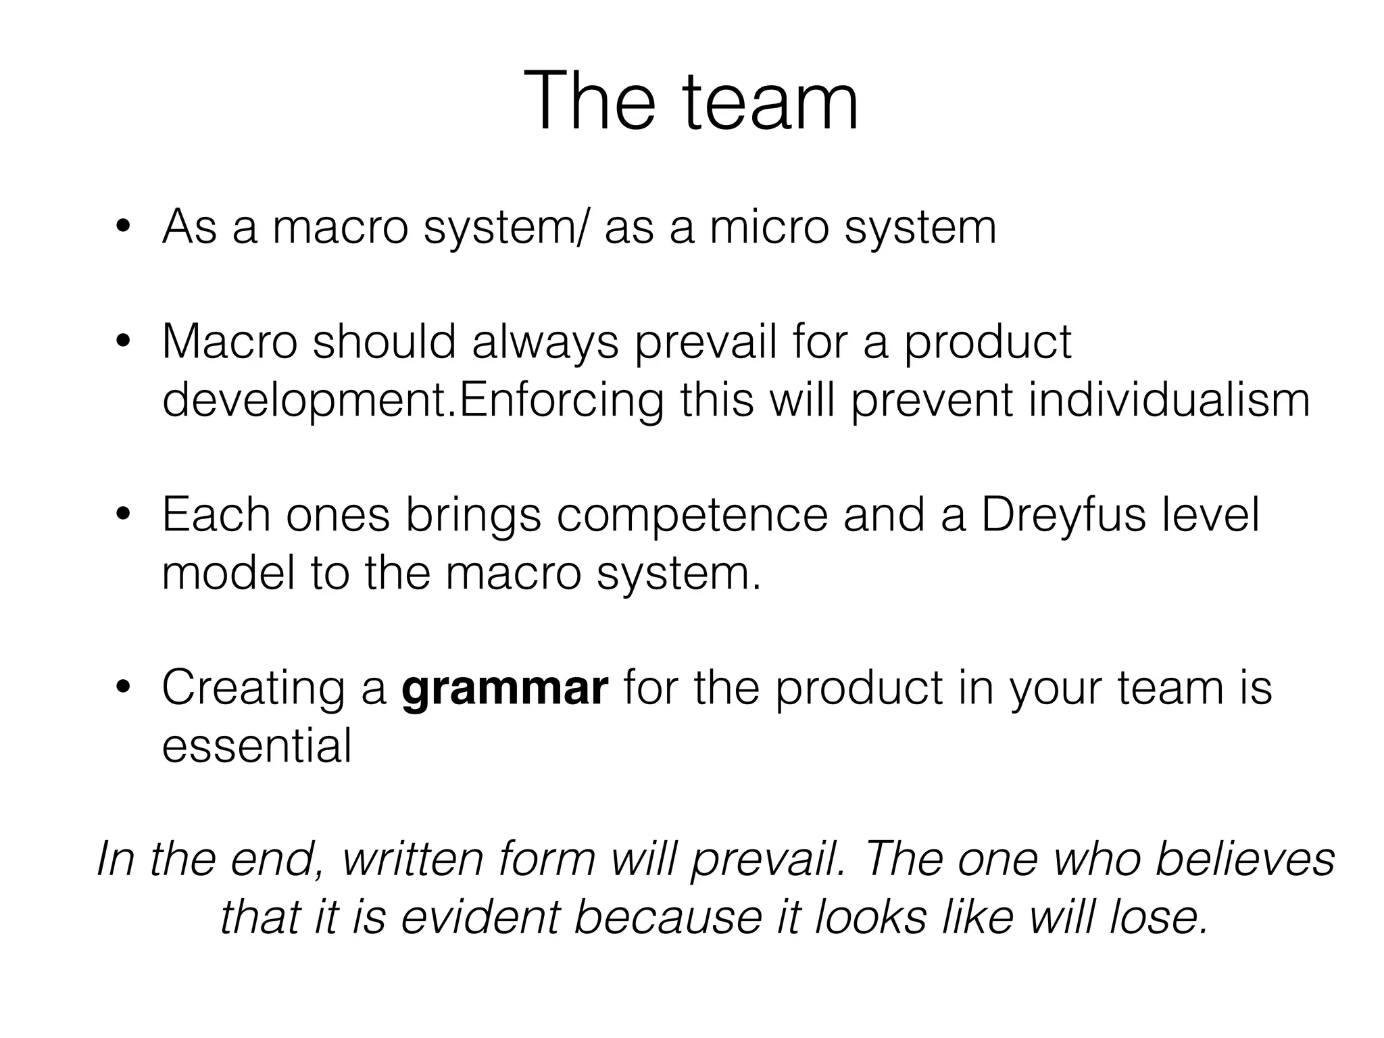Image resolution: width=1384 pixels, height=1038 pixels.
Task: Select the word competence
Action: tap(693, 516)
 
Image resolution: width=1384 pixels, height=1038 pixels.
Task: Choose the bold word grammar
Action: tap(505, 689)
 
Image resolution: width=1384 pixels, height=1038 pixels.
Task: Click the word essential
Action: tap(257, 746)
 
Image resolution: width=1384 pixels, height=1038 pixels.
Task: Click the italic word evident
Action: tap(480, 917)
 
